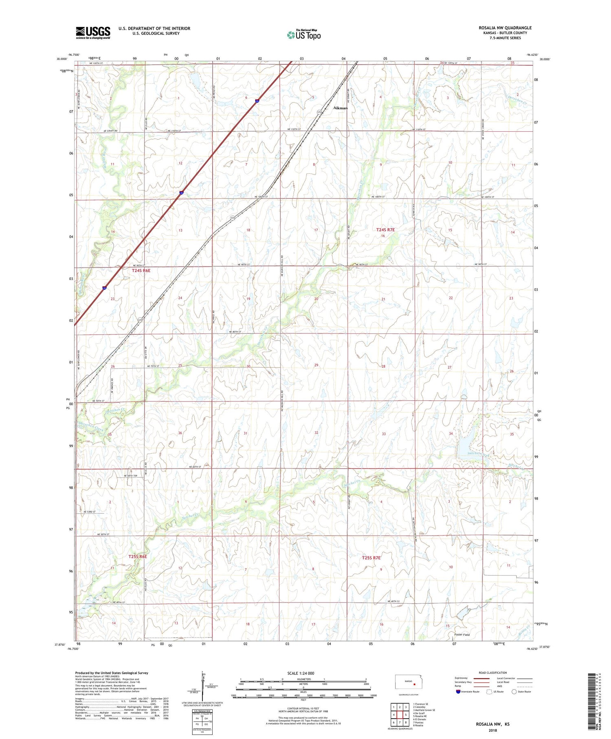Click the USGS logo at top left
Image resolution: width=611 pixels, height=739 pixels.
click(93, 33)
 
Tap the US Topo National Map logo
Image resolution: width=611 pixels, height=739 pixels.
click(303, 35)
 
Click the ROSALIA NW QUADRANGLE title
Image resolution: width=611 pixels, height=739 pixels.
click(505, 28)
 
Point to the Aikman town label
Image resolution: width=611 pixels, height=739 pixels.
click(341, 108)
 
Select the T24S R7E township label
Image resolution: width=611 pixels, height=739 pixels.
click(385, 230)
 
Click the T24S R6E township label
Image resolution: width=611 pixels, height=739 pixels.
click(141, 271)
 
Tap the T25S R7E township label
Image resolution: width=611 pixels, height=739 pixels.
click(371, 558)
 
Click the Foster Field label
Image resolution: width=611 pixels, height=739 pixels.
click(462, 635)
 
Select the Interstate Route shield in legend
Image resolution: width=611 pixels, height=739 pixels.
click(458, 691)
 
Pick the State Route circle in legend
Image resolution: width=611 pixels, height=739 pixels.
click(514, 691)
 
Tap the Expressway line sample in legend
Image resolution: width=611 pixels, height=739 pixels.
click(481, 678)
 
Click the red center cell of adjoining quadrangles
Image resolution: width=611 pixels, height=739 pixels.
click(399, 715)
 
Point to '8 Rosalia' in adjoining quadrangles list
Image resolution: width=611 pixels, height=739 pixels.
click(418, 726)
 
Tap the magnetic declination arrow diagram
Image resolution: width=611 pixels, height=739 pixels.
click(203, 685)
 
